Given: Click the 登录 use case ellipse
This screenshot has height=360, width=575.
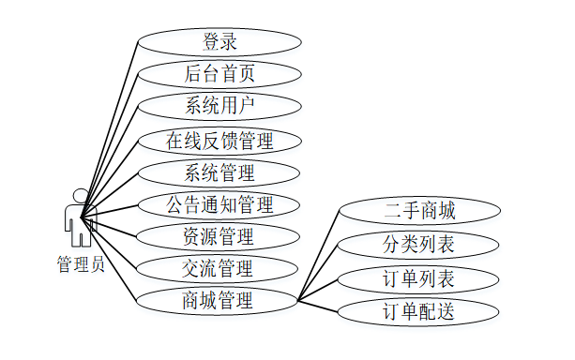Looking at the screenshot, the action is click(x=219, y=42).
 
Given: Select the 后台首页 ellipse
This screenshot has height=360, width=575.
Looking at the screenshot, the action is click(x=219, y=74).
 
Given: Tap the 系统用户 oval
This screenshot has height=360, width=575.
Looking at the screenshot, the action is click(x=219, y=106).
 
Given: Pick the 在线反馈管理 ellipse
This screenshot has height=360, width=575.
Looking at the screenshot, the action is click(x=219, y=141).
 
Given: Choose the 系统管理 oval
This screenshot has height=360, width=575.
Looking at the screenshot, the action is click(x=219, y=173).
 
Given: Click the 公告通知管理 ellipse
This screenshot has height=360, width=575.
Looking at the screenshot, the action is click(x=219, y=205).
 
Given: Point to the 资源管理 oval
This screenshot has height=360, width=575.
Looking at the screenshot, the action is click(x=219, y=237).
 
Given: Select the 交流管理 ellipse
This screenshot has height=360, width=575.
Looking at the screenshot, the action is click(x=217, y=269).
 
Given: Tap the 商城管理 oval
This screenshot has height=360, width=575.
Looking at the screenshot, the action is click(x=217, y=301).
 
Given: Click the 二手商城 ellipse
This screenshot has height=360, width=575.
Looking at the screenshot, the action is click(x=420, y=211).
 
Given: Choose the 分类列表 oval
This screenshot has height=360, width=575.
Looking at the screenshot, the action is click(x=418, y=245).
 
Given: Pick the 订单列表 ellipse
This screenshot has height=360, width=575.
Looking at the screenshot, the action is click(x=418, y=279).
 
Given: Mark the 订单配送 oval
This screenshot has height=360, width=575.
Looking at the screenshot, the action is click(x=418, y=312).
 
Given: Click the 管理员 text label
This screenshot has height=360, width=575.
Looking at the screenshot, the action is click(x=81, y=264).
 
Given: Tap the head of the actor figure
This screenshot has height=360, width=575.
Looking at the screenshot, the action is click(x=81, y=195).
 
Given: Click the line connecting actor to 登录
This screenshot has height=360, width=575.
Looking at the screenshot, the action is click(x=109, y=130).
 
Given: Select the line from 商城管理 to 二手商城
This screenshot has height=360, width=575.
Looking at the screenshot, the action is click(x=319, y=256).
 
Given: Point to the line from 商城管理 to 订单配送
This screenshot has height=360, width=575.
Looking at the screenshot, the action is click(x=318, y=307).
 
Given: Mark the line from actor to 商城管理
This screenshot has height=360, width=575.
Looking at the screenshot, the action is click(x=109, y=260).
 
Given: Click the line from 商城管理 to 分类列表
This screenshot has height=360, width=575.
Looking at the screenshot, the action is click(x=318, y=273).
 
